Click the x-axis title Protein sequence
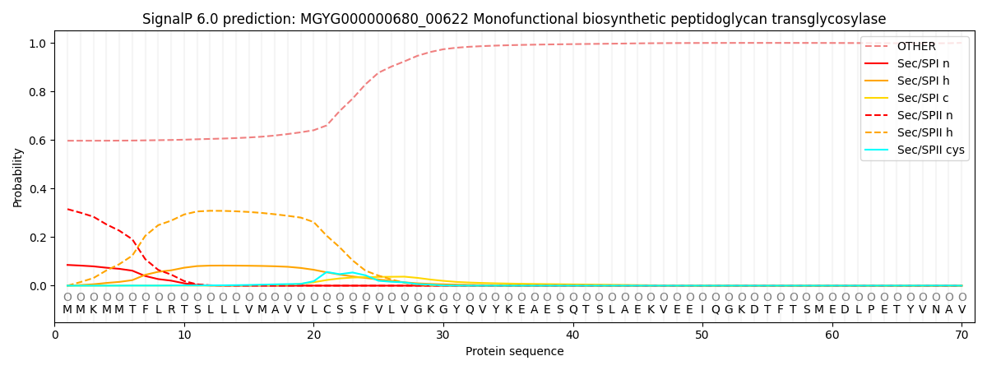pos(514,352)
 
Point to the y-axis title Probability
pos(18,177)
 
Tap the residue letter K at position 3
pos(93,310)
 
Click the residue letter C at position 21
pos(327,310)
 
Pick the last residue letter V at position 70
pos(961,310)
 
